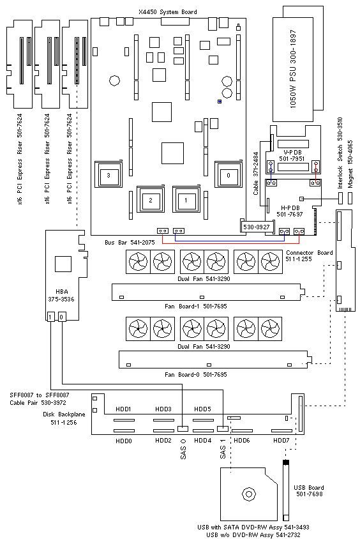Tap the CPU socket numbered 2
pyautogui.click(x=151, y=199)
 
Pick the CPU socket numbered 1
pyautogui.click(x=186, y=199)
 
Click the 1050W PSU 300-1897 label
pyautogui.click(x=293, y=69)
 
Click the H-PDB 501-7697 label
pyautogui.click(x=290, y=211)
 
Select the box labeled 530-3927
pyautogui.click(x=257, y=227)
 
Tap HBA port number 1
pyautogui.click(x=50, y=317)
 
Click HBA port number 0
pyautogui.click(x=61, y=317)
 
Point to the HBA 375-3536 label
pyautogui.click(x=61, y=295)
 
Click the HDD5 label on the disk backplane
pyautogui.click(x=202, y=409)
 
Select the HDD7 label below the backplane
pyautogui.click(x=281, y=441)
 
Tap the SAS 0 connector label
pyautogui.click(x=183, y=449)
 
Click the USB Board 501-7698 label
pyautogui.click(x=309, y=490)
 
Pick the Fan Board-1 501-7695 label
pyautogui.click(x=196, y=306)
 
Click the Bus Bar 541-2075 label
pyautogui.click(x=130, y=242)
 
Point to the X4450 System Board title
pyautogui.click(x=168, y=12)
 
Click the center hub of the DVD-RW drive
pyautogui.click(x=249, y=494)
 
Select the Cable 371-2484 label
pyautogui.click(x=255, y=174)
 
